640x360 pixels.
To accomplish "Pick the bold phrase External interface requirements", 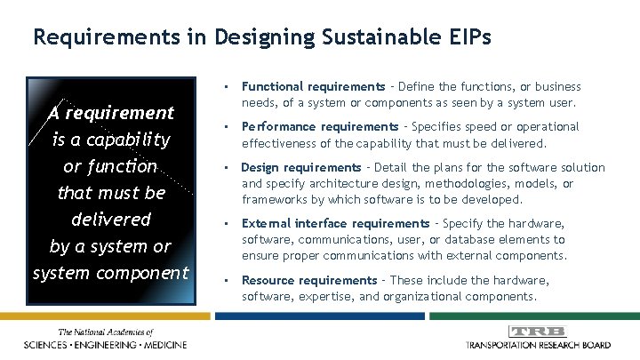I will tap(335, 223).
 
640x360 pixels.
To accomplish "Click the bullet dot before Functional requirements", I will tap(228, 87).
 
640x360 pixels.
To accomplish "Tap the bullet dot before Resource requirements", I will tap(228, 280).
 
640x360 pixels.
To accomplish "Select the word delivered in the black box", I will tap(109, 219).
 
